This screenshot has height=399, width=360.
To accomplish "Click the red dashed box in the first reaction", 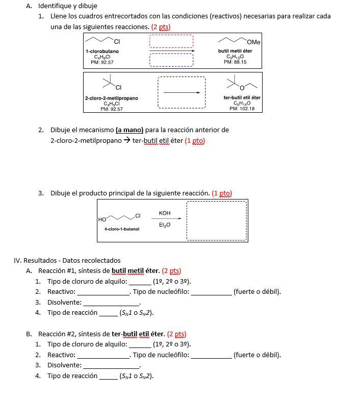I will [171, 41].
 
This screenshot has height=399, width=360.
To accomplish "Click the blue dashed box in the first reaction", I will [171, 60].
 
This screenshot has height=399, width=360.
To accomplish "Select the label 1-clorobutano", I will [102, 51].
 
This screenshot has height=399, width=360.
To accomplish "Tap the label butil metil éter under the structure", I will [235, 51].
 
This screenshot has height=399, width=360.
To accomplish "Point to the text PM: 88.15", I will [235, 62].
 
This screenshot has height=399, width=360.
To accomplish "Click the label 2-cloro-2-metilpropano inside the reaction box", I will [111, 97].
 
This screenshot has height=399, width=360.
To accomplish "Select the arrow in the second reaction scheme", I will [182, 92].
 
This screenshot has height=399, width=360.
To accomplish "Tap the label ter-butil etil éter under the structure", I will [242, 97].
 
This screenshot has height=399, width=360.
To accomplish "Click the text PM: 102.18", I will [242, 108].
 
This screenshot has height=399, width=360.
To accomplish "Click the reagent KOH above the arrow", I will [165, 213].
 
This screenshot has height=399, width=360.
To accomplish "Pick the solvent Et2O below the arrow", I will [165, 225].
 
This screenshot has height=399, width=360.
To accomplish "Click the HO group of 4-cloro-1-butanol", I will [102, 219].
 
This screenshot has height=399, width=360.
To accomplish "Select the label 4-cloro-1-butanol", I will [122, 229].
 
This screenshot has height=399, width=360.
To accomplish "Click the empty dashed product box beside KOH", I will [217, 220].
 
